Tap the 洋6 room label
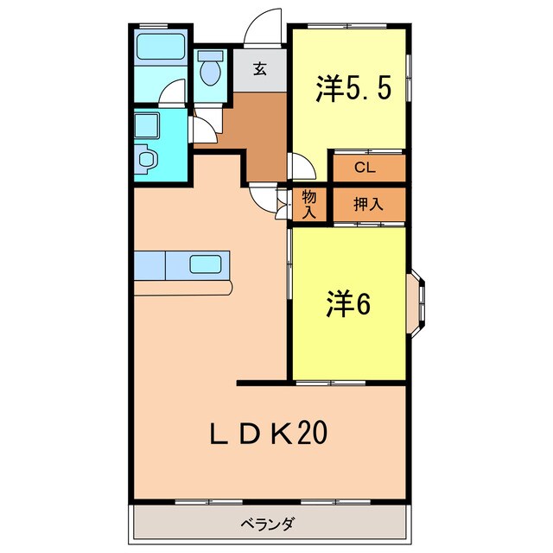[x=349, y=304]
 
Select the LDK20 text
[x=270, y=433]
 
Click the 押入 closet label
[x=368, y=205]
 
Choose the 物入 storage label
[x=308, y=205]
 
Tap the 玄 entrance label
[x=260, y=70]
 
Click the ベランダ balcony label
[x=269, y=524]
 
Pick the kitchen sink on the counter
[x=207, y=264]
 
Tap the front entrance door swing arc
[x=262, y=32]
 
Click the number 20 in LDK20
[x=312, y=433]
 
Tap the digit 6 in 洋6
[x=363, y=304]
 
